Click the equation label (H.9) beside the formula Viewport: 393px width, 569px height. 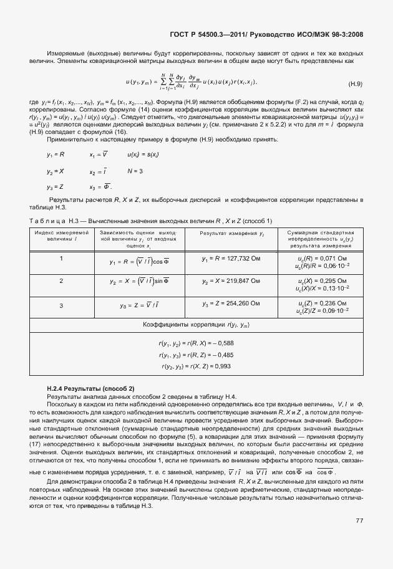pos(355,84)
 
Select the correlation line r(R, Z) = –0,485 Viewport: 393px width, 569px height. pos(196,354)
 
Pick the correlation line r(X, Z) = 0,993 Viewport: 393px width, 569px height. pos(196,366)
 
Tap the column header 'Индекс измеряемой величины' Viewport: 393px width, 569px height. pos(61,236)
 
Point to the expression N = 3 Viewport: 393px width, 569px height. pos(135,171)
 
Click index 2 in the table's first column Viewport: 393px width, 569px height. pos(61,281)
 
